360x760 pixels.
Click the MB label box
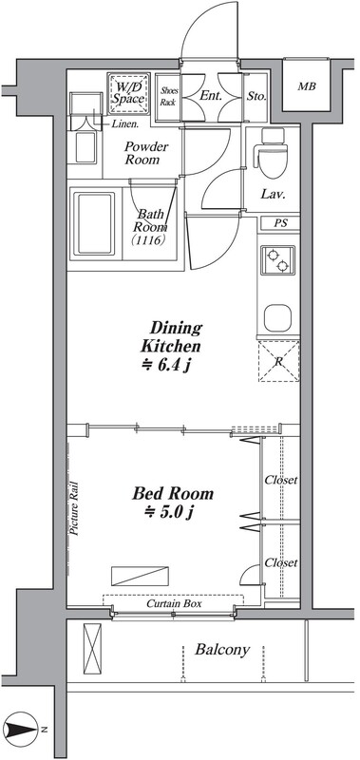click(307, 86)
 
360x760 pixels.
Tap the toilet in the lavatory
click(273, 154)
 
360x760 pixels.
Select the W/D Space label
click(129, 93)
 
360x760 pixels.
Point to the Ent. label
click(211, 96)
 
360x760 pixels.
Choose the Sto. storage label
click(256, 97)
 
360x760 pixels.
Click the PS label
click(280, 224)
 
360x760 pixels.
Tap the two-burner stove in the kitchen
click(278, 260)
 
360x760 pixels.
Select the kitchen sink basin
click(277, 317)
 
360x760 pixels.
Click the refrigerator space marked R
click(278, 361)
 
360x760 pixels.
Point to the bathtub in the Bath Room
click(94, 223)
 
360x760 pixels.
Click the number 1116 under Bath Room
click(151, 239)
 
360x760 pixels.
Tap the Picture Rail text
click(74, 507)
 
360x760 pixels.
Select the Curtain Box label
click(174, 604)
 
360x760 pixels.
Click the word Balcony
click(222, 650)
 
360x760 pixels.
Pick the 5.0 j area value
click(169, 512)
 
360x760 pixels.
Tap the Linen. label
click(125, 123)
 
